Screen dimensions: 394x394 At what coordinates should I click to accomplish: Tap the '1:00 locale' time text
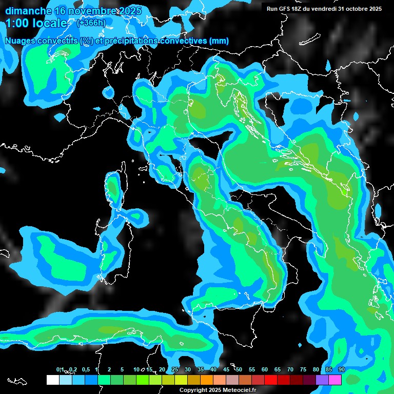point(36,23)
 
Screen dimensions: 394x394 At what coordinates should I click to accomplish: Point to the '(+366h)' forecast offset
point(91,23)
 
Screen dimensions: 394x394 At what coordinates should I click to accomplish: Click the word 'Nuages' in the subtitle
point(21,41)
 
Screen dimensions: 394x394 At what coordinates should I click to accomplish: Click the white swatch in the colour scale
point(52,380)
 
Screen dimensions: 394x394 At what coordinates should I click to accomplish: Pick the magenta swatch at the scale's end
point(335,380)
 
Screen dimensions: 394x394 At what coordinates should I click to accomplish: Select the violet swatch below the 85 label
point(322,380)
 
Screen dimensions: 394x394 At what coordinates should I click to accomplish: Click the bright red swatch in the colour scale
point(271,380)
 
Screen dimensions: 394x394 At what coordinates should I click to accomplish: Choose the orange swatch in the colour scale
point(207,380)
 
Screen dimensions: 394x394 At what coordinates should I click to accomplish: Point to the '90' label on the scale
point(341,370)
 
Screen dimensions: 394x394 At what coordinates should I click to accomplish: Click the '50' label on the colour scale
point(239,370)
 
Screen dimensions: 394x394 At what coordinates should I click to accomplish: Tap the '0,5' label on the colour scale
point(85,370)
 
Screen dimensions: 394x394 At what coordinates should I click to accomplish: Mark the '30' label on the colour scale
point(188,370)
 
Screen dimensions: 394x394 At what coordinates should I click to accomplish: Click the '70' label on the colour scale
point(290,370)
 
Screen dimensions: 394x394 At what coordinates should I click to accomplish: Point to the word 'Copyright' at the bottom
point(193,390)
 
